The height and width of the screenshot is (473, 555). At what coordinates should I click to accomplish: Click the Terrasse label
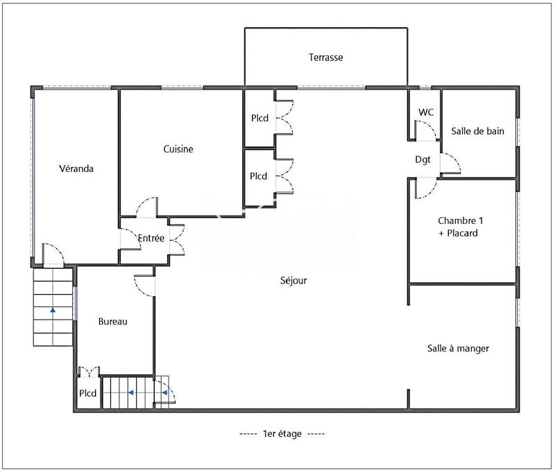(x=325, y=58)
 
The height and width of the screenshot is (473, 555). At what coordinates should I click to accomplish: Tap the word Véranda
(x=76, y=169)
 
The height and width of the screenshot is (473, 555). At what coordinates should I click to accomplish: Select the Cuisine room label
(x=178, y=149)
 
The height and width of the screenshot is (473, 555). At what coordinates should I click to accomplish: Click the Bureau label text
(x=112, y=321)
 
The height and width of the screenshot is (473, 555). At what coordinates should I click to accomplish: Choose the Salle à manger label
(x=458, y=348)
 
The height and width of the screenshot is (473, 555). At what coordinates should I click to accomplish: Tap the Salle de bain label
(x=477, y=130)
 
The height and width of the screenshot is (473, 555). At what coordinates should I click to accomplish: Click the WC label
(x=425, y=112)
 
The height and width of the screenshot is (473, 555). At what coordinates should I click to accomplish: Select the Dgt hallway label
(x=422, y=160)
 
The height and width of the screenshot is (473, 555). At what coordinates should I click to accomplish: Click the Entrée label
(x=151, y=239)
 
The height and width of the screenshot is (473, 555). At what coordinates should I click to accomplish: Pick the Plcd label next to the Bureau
(x=87, y=393)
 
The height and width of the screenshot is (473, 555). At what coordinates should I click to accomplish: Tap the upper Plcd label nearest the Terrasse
(x=259, y=119)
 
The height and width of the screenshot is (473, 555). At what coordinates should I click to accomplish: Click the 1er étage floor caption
(x=282, y=434)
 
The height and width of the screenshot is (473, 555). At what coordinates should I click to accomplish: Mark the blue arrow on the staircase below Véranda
(x=53, y=310)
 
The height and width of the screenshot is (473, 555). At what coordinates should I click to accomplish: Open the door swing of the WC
(x=424, y=129)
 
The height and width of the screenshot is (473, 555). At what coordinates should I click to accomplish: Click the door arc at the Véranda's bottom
(x=53, y=254)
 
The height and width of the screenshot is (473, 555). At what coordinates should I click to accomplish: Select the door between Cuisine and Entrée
(x=146, y=207)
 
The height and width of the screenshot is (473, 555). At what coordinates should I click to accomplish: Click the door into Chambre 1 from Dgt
(x=425, y=188)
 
